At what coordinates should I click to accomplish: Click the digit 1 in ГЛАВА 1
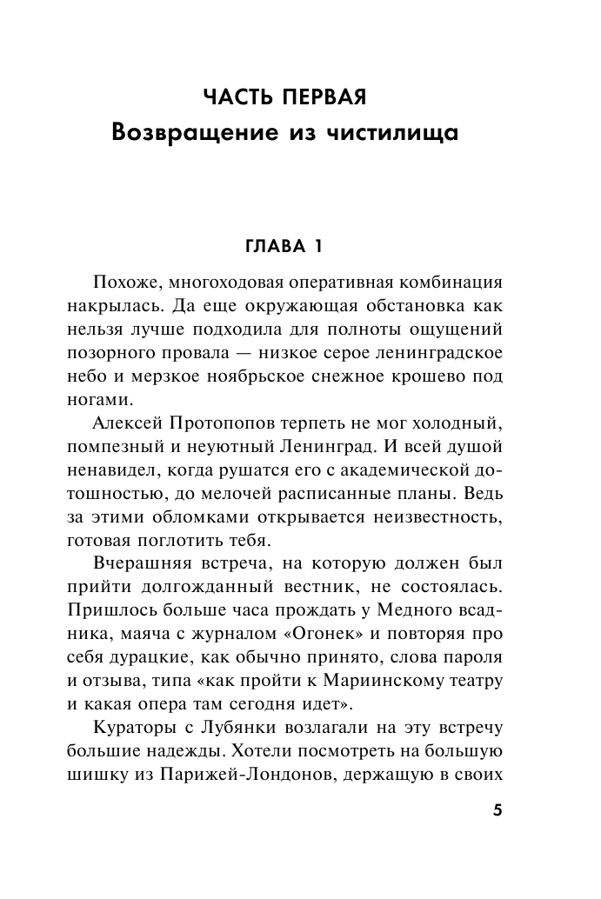pos(317,248)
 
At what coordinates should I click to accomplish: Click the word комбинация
pos(449,284)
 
